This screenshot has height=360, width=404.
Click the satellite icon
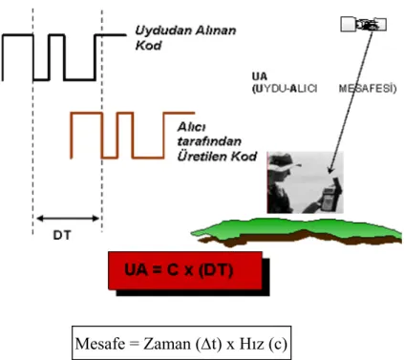pos(364,25)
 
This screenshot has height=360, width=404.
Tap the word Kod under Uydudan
pos(148,46)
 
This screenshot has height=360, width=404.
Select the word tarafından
pos(209,141)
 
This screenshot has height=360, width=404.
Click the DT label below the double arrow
pos(62,235)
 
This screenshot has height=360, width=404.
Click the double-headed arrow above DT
pos(68,219)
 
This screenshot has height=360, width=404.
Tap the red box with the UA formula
pos(185,270)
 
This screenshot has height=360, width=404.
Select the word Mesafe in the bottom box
pos(100,344)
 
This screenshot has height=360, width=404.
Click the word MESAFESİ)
pos(368,88)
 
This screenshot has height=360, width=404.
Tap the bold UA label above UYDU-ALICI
pos(260,76)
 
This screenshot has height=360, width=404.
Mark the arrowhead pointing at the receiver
pos(331,169)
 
